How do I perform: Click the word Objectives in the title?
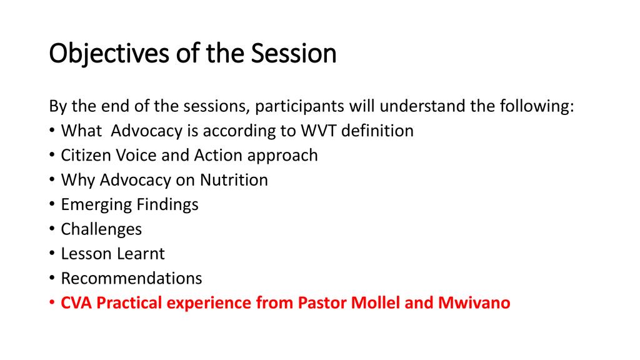point(109,54)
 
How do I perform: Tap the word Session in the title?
point(294,53)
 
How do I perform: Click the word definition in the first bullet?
point(377,131)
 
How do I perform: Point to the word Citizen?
point(86,155)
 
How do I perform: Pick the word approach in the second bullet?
point(282,156)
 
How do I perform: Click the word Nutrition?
point(234,179)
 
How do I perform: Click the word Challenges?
point(101,230)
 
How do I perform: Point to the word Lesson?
point(84,254)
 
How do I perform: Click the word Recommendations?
point(131,278)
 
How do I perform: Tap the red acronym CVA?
point(76,303)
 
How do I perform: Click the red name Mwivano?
point(474,303)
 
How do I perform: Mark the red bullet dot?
point(52,303)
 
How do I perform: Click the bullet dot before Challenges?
point(52,229)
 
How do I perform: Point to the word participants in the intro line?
point(299,107)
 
